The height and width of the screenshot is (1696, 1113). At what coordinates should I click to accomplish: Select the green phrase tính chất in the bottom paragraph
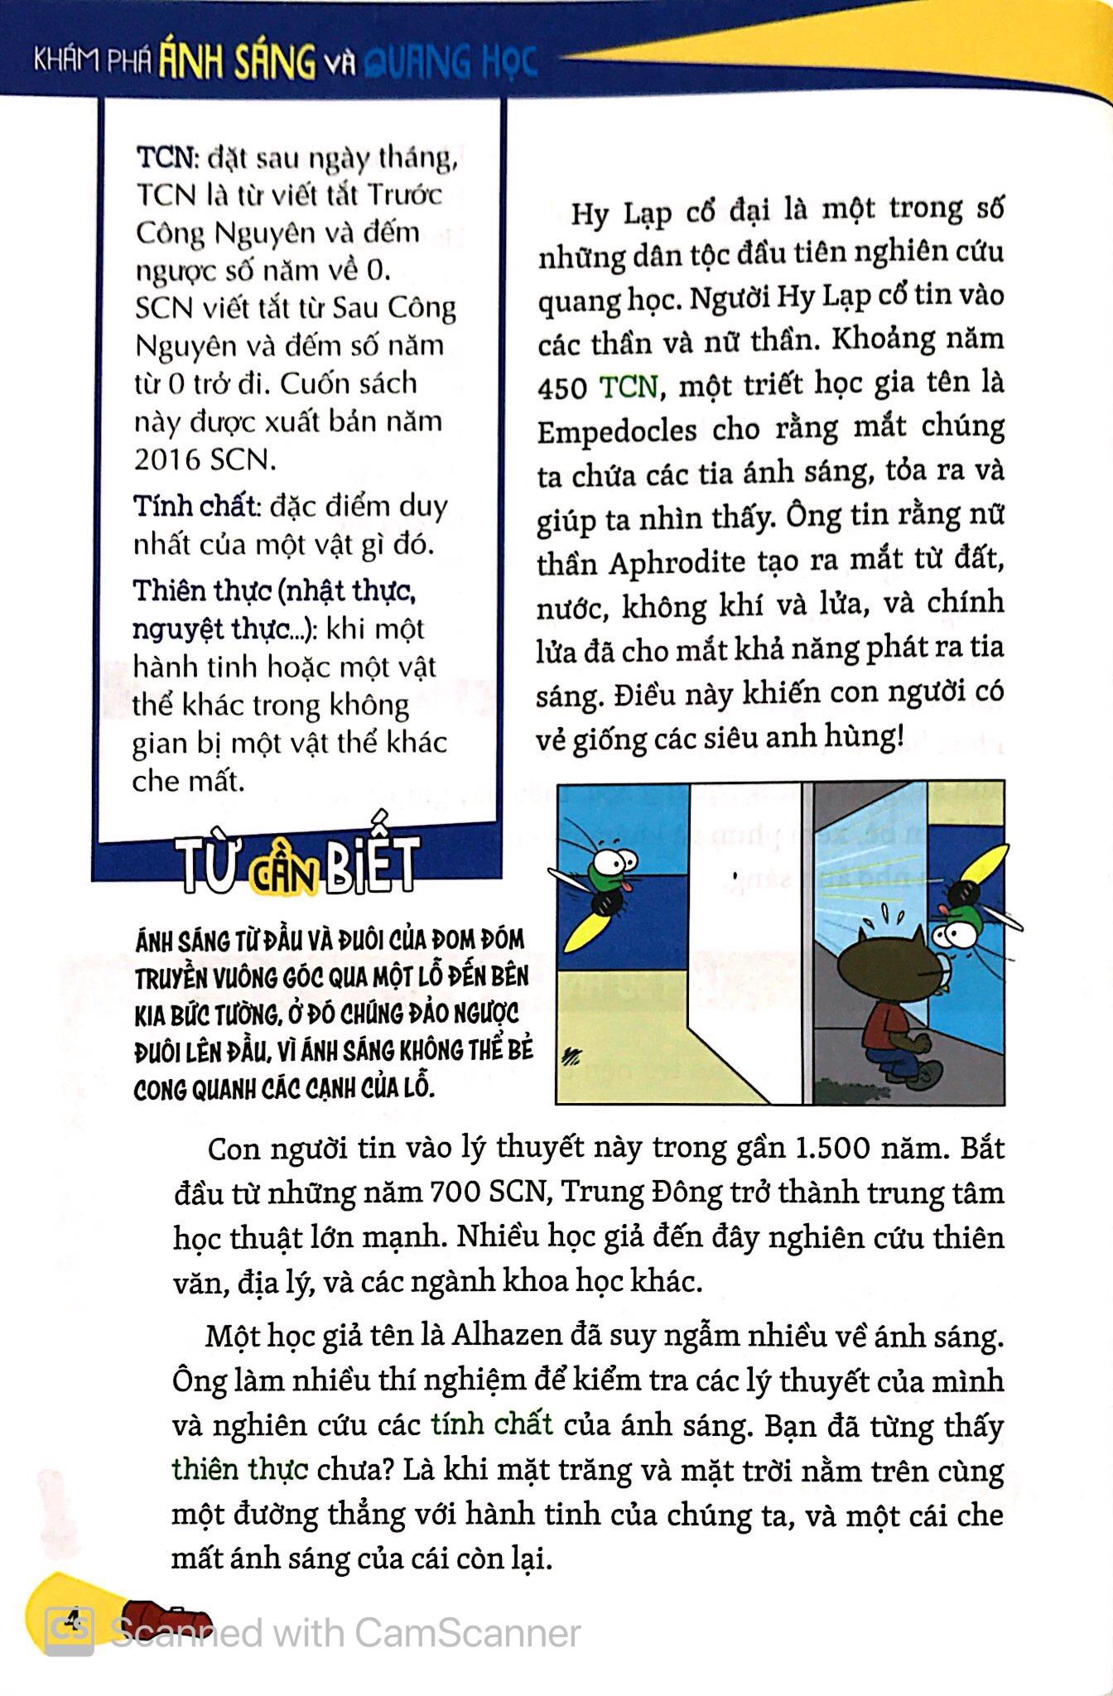492,1424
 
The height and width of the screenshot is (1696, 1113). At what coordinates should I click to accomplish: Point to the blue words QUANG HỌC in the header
451,62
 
